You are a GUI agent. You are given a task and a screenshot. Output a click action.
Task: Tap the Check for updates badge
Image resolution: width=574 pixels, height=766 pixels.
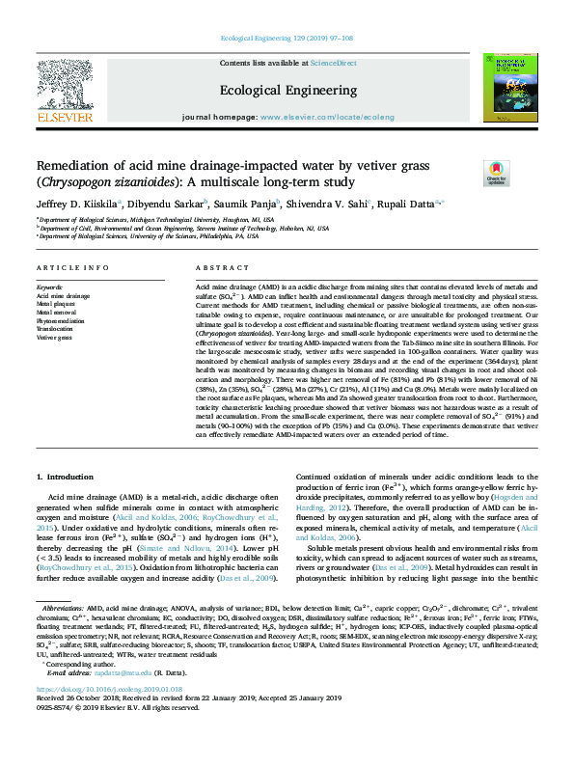coord(497,174)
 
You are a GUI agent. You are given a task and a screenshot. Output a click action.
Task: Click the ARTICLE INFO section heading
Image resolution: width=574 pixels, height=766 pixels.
coord(72,267)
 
